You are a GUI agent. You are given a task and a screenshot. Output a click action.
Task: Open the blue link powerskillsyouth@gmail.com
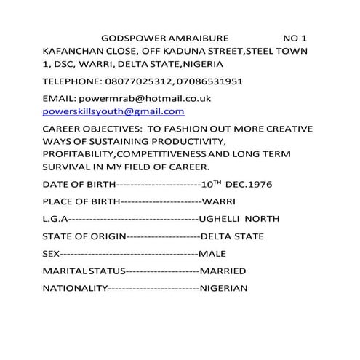[113, 111]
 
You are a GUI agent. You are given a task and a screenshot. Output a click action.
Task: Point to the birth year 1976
[257, 184]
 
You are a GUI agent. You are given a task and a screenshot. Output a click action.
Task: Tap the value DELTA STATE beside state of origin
[233, 236]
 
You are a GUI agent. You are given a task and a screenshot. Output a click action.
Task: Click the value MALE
[213, 254]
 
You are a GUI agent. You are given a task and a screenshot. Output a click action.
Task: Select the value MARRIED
[223, 271]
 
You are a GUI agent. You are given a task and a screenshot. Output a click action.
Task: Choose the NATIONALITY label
[75, 289]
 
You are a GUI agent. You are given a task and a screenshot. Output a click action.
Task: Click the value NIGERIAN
[224, 289]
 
